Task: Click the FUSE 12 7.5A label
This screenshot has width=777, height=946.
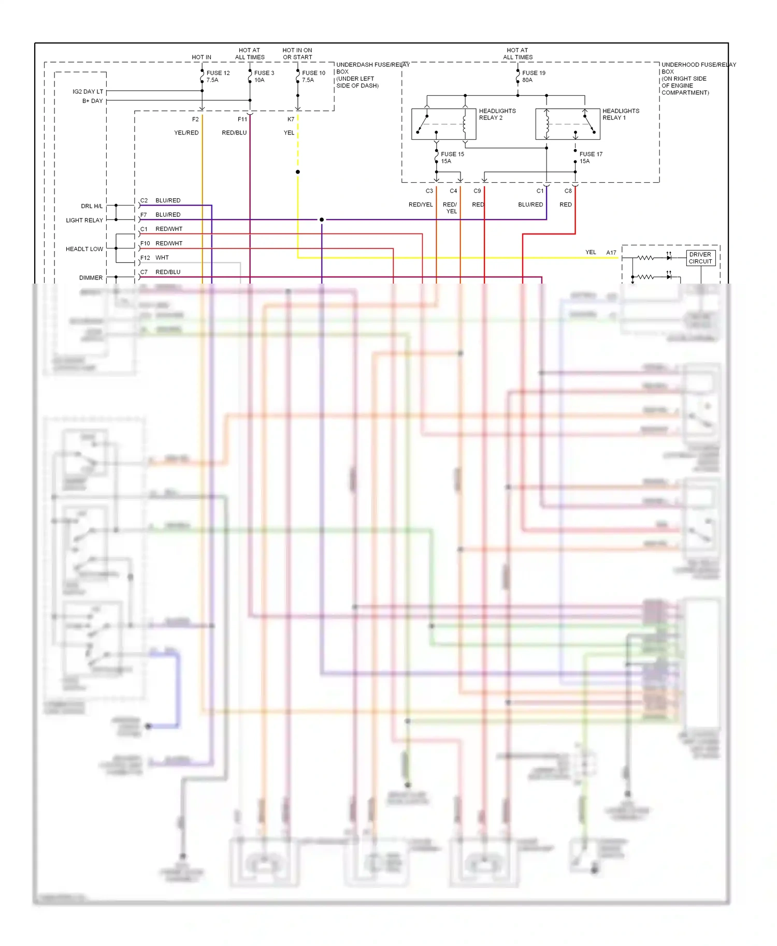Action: [218, 77]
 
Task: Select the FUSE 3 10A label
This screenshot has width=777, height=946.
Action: [264, 77]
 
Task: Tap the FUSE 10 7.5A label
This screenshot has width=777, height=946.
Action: [313, 77]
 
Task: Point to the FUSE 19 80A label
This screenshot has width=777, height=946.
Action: [533, 77]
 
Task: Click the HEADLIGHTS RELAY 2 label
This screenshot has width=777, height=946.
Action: [497, 114]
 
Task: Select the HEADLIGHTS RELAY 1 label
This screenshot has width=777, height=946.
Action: [620, 114]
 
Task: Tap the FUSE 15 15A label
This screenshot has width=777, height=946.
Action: [452, 158]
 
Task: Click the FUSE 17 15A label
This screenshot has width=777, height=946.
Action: [590, 158]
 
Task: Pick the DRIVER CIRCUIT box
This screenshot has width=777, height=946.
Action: [700, 258]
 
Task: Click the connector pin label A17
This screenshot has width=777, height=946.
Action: [611, 253]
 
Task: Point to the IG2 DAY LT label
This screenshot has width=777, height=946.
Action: [88, 92]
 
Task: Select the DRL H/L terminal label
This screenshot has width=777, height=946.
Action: [92, 206]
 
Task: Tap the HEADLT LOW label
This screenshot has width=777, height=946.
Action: [84, 249]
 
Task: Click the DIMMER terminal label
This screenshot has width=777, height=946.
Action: [91, 278]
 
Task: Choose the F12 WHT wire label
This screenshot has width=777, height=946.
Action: [155, 258]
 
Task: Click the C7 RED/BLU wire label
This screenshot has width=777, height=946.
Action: [161, 272]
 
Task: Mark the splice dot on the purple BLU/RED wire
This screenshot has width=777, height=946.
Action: [322, 220]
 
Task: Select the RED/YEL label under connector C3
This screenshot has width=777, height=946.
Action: [420, 204]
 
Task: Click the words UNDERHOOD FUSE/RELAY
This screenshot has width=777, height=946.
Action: [698, 65]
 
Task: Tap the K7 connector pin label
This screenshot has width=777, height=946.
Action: [291, 119]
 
